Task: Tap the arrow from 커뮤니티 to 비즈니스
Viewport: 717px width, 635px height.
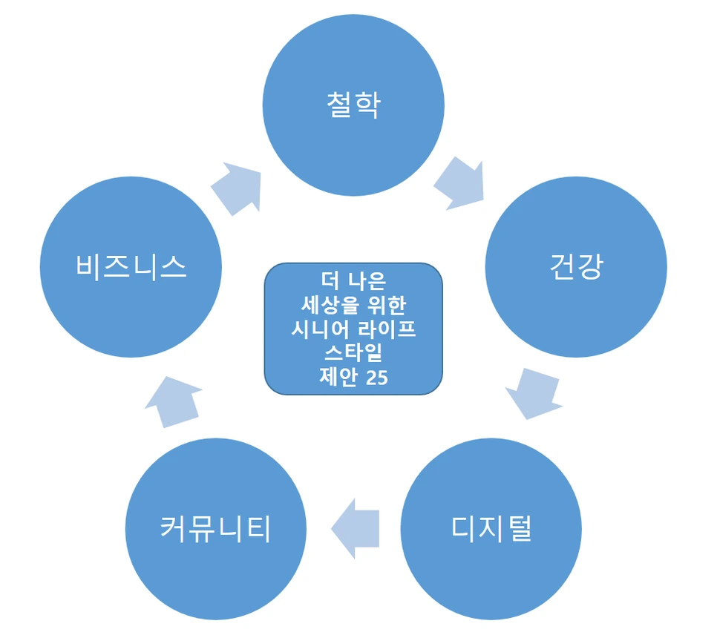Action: click(174, 401)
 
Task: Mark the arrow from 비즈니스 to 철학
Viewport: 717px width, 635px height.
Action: click(238, 185)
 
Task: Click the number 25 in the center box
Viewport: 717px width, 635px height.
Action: click(376, 377)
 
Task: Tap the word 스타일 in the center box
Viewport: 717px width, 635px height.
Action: click(353, 352)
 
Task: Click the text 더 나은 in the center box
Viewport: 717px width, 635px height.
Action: click(353, 280)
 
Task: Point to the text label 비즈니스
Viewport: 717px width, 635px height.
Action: click(131, 266)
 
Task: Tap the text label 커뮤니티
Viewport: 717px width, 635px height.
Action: click(216, 529)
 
